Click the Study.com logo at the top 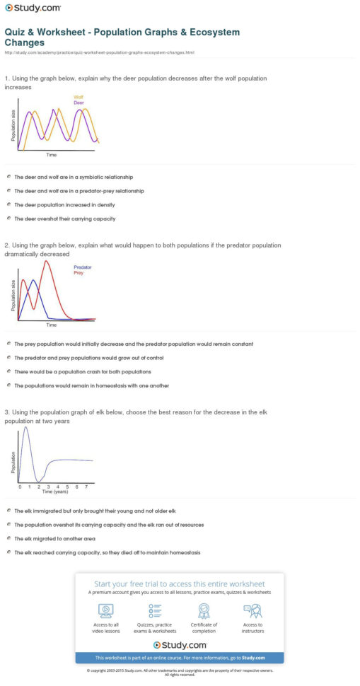point(33,8)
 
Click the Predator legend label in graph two point(82,267)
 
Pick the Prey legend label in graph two point(79,272)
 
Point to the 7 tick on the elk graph point(86,487)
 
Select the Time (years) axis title point(52,493)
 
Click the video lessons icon point(105,610)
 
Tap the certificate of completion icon point(204,610)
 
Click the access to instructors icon point(252,610)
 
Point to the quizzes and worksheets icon point(155,610)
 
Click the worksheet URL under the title point(100,52)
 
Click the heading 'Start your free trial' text point(179,583)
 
